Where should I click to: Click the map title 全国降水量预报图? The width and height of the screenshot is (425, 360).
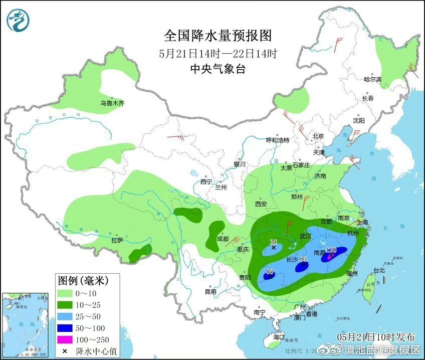[x=218, y=36]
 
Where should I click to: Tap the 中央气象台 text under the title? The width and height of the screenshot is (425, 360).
[x=218, y=69]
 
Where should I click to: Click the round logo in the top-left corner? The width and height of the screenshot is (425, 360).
[x=18, y=20]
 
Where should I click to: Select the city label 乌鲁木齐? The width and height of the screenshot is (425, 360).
[x=111, y=103]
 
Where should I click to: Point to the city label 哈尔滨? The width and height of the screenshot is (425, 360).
[x=372, y=79]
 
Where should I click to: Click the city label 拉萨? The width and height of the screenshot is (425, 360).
[x=117, y=240]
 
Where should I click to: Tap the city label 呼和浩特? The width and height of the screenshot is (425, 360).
[x=277, y=140]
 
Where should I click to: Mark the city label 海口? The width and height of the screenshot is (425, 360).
[x=279, y=337]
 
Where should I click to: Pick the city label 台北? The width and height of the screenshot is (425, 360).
[x=379, y=270]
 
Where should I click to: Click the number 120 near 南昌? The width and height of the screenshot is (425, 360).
[x=330, y=250]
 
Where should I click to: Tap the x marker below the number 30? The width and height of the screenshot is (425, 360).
[x=274, y=248]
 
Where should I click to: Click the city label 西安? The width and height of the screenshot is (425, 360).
[x=261, y=204]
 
